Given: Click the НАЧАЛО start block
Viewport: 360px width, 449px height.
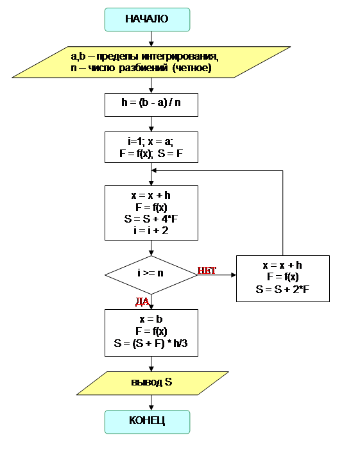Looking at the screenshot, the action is point(147,19).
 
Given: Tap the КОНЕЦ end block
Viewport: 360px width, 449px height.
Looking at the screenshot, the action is point(147,422).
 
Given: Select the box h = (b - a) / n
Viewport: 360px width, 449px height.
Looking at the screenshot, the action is point(151,105).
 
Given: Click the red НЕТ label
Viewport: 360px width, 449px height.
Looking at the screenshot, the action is point(207,270).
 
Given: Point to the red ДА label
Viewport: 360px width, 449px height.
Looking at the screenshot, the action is point(142,301).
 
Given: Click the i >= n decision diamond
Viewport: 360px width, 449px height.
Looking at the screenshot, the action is point(151,275).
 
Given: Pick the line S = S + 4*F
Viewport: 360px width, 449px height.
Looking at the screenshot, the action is point(151,219).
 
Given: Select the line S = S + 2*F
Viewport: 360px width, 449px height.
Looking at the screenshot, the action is point(282,289).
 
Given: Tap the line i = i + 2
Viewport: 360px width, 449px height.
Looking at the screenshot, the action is point(151,230).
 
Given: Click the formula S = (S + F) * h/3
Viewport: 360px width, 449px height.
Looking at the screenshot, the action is point(151,343).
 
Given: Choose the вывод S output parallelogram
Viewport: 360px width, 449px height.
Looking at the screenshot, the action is point(152,383).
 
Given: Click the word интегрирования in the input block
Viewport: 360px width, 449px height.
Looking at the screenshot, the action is point(180,56).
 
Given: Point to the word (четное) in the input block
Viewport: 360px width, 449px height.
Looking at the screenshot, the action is point(192,68).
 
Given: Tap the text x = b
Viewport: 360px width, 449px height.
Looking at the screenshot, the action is point(151,319).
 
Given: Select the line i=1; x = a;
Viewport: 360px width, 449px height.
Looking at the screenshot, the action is point(150,141).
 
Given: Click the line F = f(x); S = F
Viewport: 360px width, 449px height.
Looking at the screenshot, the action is point(151,153).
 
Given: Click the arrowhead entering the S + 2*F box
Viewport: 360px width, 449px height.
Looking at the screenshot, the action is point(234,275).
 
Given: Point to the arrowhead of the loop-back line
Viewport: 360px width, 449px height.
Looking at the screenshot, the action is point(154,171).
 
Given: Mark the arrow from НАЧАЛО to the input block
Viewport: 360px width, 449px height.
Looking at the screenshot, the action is point(151,38).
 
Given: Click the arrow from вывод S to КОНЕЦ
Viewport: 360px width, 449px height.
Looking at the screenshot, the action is point(151,403).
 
